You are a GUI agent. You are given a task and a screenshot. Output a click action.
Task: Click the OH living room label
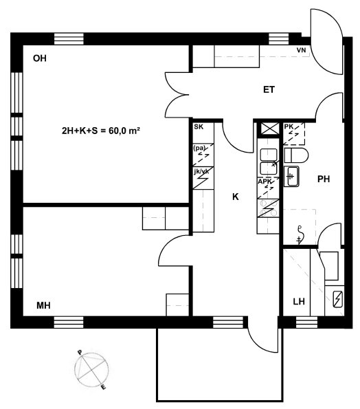(x=40, y=58)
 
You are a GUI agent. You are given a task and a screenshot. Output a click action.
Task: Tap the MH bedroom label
(x=43, y=305)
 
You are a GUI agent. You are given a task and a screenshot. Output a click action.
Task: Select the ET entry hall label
(x=269, y=90)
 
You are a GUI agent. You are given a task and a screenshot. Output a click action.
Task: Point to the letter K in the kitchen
(x=236, y=197)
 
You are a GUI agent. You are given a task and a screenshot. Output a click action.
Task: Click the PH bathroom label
(x=324, y=179)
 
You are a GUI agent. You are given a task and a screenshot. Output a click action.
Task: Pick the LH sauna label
(x=299, y=302)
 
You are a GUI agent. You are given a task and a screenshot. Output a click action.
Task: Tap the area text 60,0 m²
(x=124, y=131)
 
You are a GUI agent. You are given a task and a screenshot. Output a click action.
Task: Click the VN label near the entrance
(x=302, y=49)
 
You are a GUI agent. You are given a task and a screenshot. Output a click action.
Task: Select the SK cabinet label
(x=199, y=127)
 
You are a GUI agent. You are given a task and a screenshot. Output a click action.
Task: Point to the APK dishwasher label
(x=265, y=181)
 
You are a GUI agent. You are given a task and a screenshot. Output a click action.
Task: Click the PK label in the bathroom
(x=289, y=126)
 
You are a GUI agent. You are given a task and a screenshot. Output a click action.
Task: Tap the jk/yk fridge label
(x=201, y=171)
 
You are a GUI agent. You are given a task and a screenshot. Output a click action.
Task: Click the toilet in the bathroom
(x=296, y=155)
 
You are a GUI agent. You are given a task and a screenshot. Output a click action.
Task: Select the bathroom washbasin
(x=291, y=177)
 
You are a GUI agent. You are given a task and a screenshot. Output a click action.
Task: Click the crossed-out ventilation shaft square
(x=268, y=129)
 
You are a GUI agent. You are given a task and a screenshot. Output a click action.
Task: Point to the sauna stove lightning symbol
(x=337, y=299)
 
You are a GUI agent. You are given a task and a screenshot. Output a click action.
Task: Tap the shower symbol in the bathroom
(x=300, y=235)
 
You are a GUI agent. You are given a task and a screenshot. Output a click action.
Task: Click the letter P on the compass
(x=80, y=353)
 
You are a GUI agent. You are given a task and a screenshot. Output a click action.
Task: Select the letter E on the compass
(x=104, y=388)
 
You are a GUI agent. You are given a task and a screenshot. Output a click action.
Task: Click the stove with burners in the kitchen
(x=268, y=208)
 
